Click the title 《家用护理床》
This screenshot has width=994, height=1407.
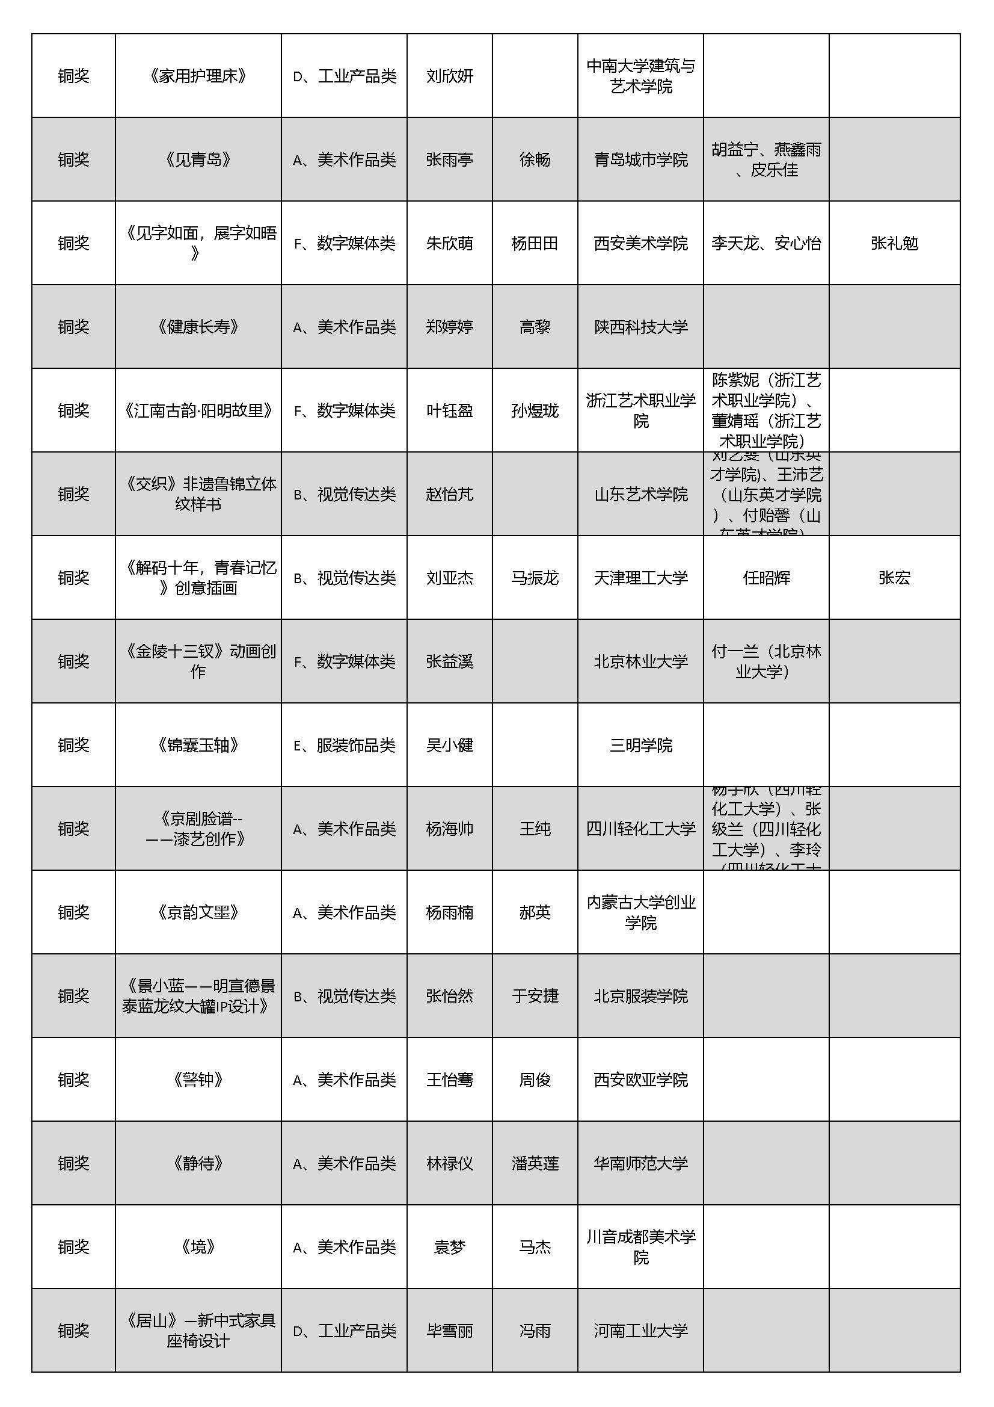point(198,76)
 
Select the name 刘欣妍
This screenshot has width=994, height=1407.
point(450,76)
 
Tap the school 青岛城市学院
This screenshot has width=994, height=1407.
point(640,160)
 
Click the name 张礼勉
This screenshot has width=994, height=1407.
point(894,243)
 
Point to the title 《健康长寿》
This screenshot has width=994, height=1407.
point(198,327)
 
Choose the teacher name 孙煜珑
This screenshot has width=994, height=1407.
point(535,410)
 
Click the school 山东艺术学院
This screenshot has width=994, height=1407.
point(640,495)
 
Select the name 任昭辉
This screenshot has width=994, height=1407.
point(766,578)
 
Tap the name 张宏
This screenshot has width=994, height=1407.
point(894,578)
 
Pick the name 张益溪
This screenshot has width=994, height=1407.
point(450,662)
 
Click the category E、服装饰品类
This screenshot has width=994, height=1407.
point(344,745)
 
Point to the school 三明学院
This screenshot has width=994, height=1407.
point(640,745)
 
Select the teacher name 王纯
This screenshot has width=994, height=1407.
point(535,829)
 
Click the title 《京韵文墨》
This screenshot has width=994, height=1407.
point(198,912)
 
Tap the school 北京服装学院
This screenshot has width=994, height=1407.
point(640,997)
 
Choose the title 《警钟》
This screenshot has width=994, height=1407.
point(198,1080)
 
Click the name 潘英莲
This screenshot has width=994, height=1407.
point(535,1164)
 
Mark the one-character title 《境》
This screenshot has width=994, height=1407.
point(198,1247)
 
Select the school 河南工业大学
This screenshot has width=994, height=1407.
point(640,1331)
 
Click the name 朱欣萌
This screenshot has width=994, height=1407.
point(450,243)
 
